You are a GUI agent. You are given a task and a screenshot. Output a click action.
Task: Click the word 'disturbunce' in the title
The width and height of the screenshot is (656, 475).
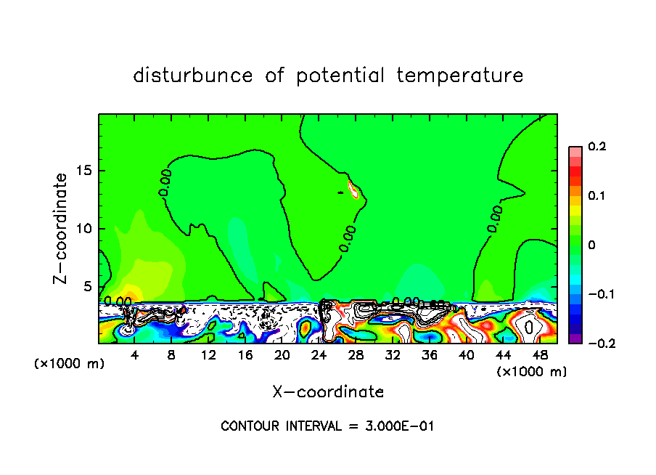(x=193, y=76)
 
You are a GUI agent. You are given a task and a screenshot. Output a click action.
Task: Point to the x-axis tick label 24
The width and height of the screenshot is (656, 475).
(x=319, y=356)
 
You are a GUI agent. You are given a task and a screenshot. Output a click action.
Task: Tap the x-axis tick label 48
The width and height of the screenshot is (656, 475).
(x=541, y=356)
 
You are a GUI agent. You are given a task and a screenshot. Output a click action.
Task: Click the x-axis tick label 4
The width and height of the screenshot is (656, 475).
(x=135, y=356)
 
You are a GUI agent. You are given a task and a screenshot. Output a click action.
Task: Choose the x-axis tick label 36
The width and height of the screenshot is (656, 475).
(x=430, y=356)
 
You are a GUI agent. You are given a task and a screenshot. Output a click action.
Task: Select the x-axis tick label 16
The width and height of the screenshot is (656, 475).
(x=245, y=356)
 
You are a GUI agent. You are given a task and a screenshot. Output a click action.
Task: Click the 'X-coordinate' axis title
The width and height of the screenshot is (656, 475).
(x=328, y=392)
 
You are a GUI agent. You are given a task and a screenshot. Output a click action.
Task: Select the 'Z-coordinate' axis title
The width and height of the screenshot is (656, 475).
(x=62, y=228)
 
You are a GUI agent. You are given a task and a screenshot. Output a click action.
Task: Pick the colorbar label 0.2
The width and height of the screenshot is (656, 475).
(x=596, y=147)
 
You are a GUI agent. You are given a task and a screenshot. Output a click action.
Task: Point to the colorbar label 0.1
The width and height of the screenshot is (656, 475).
(x=596, y=196)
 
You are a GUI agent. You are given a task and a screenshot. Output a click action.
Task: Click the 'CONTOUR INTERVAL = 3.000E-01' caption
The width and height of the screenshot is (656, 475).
(x=327, y=426)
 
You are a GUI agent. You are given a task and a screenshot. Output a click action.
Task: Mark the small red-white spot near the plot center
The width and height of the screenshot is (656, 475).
(x=354, y=190)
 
